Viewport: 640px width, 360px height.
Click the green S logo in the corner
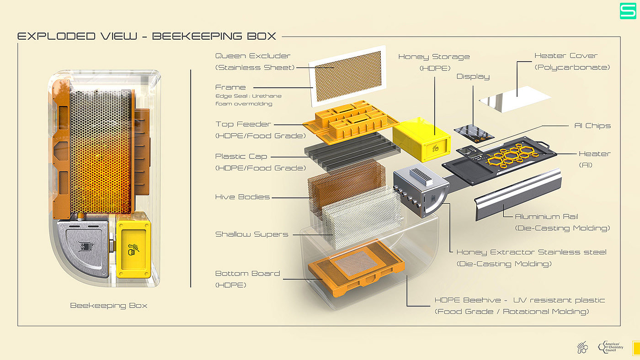(x=628, y=11)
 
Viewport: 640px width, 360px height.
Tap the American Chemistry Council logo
(x=611, y=347)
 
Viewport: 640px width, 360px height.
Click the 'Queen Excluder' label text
(x=252, y=56)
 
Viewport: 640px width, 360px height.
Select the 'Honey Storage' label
(x=434, y=57)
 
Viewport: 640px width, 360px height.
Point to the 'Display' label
(x=473, y=76)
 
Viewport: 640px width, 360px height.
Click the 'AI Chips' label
(x=592, y=126)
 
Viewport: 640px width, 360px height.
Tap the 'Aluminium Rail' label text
(x=546, y=217)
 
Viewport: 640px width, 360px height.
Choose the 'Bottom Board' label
(x=247, y=273)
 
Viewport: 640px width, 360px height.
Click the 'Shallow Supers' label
(x=252, y=234)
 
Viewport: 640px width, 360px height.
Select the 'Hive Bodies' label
(x=242, y=197)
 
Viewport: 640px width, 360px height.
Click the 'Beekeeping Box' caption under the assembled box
(x=109, y=306)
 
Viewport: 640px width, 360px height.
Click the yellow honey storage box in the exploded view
(x=421, y=140)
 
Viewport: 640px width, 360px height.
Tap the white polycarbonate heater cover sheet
(x=515, y=99)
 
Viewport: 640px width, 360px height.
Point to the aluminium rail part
(x=517, y=194)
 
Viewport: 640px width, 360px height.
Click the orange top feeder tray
(x=351, y=122)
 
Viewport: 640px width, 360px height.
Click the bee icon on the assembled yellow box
(x=133, y=249)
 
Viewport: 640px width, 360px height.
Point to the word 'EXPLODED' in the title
(x=57, y=36)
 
